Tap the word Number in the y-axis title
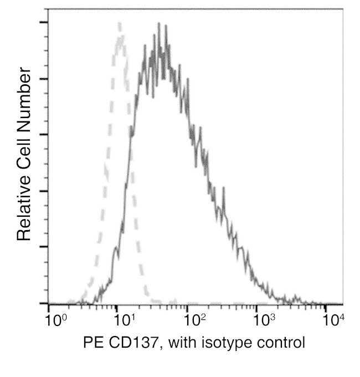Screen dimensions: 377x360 tap(24, 96)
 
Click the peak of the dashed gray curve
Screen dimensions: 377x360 tap(119, 23)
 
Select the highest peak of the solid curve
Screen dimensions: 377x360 tap(159, 24)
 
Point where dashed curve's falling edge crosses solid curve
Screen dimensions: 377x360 tap(131, 129)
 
